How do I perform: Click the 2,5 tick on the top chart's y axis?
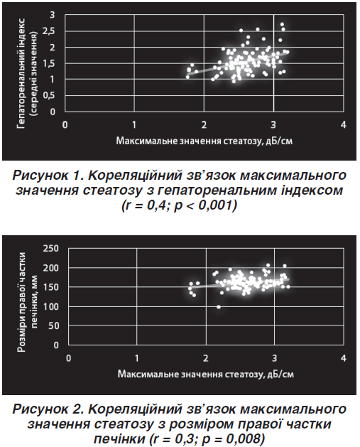pyautogui.click(x=49, y=31)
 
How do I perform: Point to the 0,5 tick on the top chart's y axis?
pyautogui.click(x=49, y=95)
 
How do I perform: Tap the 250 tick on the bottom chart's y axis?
pyautogui.click(x=51, y=248)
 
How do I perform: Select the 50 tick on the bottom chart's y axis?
pyautogui.click(x=53, y=325)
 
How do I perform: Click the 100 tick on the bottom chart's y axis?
pyautogui.click(x=51, y=306)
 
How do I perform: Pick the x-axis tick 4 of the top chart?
pyautogui.click(x=344, y=124)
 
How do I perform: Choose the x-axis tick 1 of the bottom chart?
pyautogui.click(x=137, y=358)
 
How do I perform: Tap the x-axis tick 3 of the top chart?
pyautogui.click(x=273, y=124)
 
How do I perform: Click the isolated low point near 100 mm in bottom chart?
pyautogui.click(x=219, y=307)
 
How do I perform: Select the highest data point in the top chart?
pyautogui.click(x=282, y=24)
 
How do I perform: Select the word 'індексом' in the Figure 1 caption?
pyautogui.click(x=312, y=190)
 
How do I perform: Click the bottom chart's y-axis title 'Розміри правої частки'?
pyautogui.click(x=22, y=302)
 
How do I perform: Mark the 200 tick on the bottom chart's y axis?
pyautogui.click(x=51, y=268)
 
